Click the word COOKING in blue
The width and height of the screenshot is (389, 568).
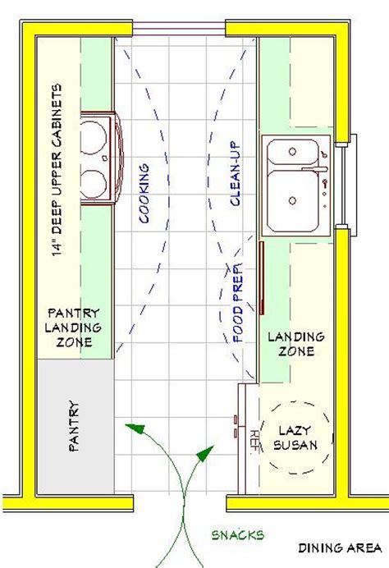point(144,193)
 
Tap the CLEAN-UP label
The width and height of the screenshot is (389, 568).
point(235,173)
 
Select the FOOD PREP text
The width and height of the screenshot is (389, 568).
point(238,303)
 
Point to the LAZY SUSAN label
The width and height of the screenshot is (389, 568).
point(295,437)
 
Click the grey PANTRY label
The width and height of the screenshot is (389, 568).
point(74,426)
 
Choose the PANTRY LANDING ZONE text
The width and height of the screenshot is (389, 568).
point(73,328)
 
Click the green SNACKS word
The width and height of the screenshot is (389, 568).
point(238,535)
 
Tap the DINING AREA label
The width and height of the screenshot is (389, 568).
point(340,547)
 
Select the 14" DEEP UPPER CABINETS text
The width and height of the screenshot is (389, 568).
point(57,170)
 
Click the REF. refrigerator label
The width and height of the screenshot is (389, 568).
point(254,440)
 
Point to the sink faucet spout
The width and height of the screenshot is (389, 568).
point(314,169)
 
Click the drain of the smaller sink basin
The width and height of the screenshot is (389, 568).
point(292,152)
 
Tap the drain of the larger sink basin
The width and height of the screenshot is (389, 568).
point(292,200)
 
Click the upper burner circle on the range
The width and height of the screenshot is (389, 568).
point(93,138)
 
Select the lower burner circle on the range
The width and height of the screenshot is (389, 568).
point(93,184)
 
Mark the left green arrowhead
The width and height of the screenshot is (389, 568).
point(135,428)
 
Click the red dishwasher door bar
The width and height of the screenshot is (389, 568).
point(262,277)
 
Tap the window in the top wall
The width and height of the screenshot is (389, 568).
point(179,28)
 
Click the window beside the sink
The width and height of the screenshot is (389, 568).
point(346,186)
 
